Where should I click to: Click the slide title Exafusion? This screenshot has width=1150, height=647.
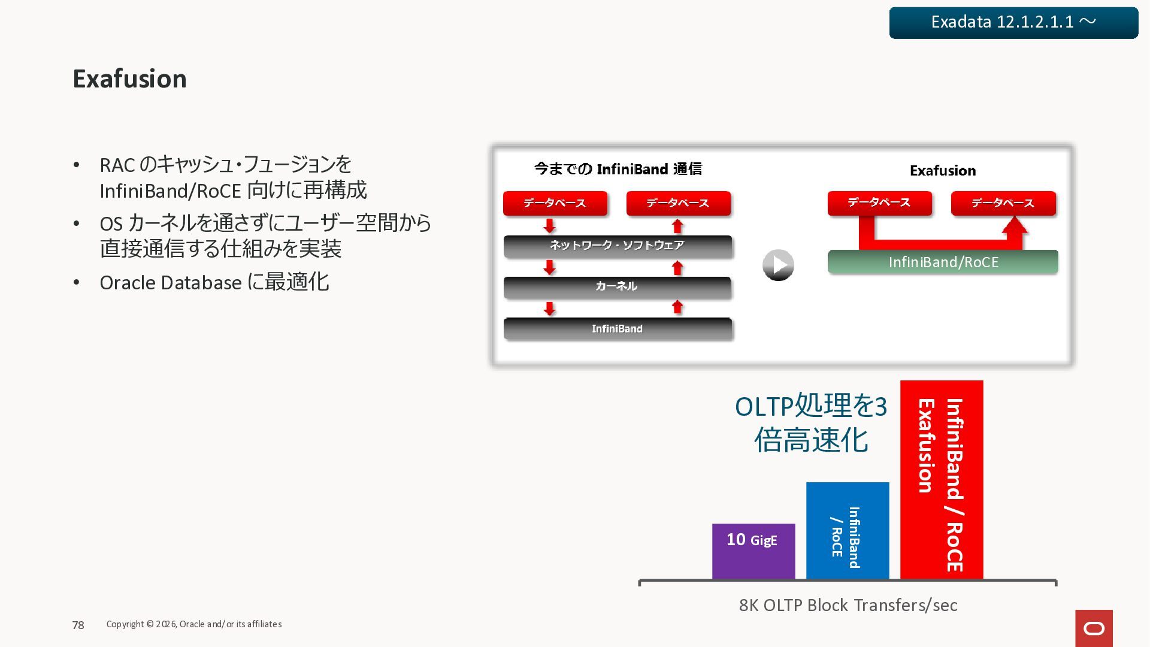tap(129, 79)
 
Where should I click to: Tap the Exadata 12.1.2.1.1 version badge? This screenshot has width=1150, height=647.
tap(1013, 23)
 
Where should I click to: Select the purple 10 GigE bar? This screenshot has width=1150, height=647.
tap(753, 551)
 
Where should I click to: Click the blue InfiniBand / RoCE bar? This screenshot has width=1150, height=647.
tap(847, 531)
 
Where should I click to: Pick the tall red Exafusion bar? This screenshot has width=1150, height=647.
tap(941, 479)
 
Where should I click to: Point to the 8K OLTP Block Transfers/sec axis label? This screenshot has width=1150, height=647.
tap(848, 605)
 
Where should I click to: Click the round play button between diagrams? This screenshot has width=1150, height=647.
tap(778, 265)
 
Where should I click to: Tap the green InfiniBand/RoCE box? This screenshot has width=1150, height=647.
tap(943, 262)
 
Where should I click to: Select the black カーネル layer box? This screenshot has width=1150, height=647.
tap(617, 287)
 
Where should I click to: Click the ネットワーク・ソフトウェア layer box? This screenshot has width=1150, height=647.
tap(617, 246)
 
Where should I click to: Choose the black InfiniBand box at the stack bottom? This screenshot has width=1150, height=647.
tap(617, 329)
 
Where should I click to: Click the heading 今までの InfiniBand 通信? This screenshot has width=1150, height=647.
tap(618, 170)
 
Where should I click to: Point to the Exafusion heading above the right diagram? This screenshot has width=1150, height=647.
tap(942, 171)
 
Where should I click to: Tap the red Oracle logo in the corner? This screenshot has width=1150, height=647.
tap(1094, 628)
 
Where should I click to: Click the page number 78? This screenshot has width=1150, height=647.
tap(78, 625)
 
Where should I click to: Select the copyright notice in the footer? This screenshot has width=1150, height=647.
tap(193, 624)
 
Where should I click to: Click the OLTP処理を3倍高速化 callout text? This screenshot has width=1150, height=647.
tap(810, 423)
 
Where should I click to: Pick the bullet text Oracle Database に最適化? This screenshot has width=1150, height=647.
tap(214, 283)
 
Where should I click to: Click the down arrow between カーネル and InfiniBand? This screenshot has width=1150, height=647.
tap(549, 309)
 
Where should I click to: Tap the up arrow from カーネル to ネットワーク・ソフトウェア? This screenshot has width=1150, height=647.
tap(677, 268)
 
